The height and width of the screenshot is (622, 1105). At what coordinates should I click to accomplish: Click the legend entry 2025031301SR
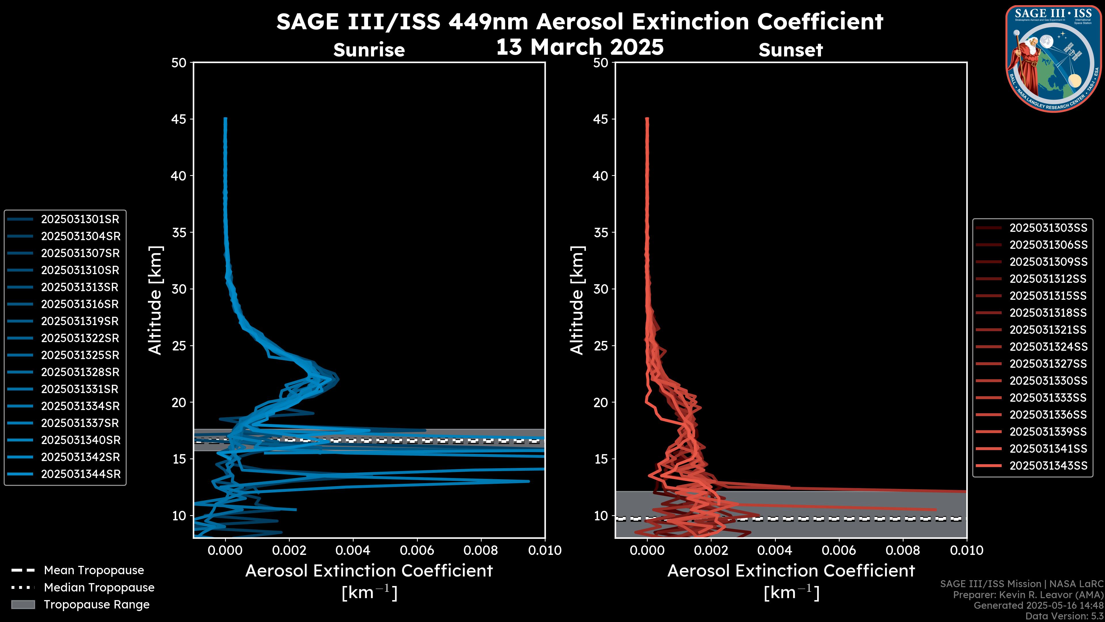click(x=80, y=219)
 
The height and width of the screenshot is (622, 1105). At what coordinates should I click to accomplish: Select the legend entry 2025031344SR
click(x=81, y=474)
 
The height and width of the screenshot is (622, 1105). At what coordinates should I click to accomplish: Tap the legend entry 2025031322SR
click(x=80, y=338)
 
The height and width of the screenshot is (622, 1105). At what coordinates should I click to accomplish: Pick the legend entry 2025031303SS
click(x=1048, y=228)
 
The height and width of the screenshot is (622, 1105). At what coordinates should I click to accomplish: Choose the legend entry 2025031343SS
click(x=1048, y=466)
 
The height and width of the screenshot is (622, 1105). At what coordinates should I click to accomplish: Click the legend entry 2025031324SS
click(x=1048, y=347)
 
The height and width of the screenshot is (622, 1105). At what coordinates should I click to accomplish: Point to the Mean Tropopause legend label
click(x=94, y=570)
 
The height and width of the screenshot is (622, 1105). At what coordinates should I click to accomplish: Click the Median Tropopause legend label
click(x=99, y=588)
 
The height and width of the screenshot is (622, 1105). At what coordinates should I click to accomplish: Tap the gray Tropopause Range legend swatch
click(x=23, y=605)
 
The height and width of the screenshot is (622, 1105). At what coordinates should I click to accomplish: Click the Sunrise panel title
click(x=369, y=50)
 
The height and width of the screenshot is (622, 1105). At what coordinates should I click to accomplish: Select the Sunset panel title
click(x=790, y=50)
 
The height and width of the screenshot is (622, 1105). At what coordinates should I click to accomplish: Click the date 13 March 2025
click(x=580, y=47)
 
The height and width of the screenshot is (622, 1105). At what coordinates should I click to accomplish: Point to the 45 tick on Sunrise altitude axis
click(x=179, y=119)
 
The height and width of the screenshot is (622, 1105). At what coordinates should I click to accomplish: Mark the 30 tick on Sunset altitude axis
click(x=601, y=289)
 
